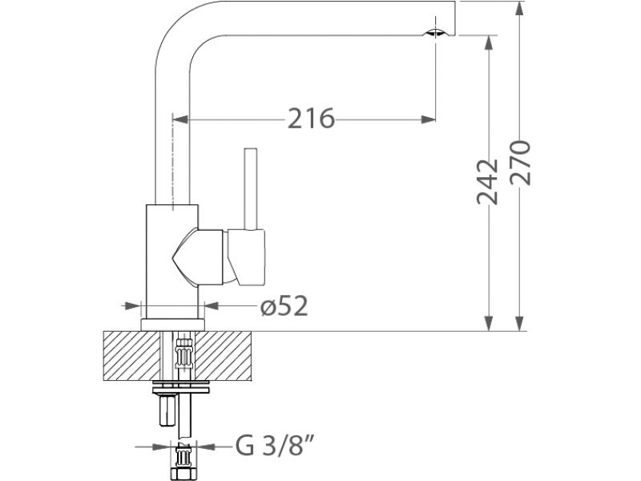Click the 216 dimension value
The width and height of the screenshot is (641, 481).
[x=311, y=119]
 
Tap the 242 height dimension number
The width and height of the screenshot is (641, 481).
[x=487, y=182]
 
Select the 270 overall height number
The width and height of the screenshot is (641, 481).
[x=520, y=164]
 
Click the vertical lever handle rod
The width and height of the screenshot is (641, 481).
[x=250, y=188]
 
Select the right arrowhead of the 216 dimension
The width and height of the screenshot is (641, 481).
[x=429, y=119]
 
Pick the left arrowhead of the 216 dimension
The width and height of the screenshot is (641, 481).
[x=180, y=119]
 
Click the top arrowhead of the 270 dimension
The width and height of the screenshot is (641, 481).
[x=519, y=8]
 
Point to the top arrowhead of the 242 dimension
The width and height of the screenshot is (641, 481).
[x=488, y=43]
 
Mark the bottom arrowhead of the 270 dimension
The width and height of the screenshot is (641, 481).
[x=519, y=323]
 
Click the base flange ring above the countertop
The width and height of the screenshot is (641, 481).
[x=172, y=325]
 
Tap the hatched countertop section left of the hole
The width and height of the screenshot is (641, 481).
[x=131, y=356]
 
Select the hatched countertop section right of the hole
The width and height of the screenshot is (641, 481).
[x=224, y=356]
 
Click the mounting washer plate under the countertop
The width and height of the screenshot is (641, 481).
[x=181, y=386]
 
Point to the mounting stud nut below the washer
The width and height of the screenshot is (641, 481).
[x=167, y=410]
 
